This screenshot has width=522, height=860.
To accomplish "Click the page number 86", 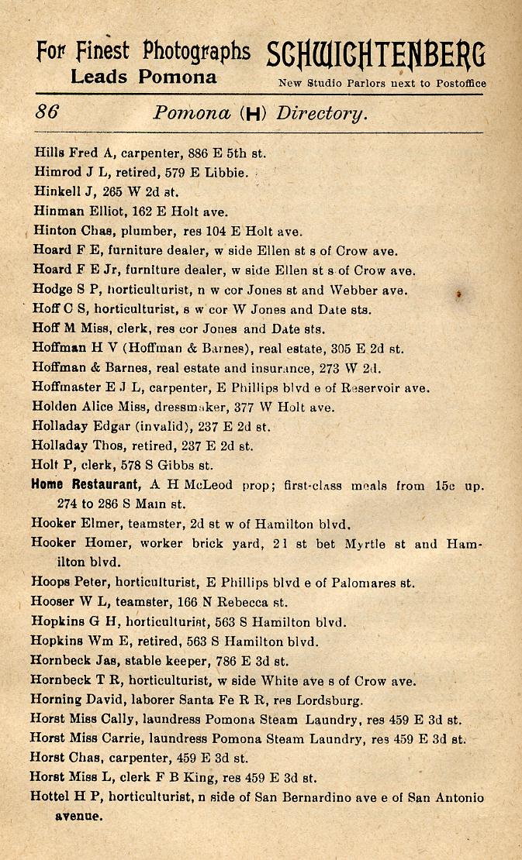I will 47,112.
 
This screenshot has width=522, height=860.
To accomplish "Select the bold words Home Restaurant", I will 85,485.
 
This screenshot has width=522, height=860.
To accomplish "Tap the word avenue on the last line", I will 78,816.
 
